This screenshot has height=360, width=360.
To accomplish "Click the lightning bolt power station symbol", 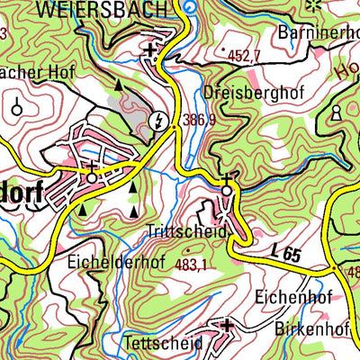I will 160,118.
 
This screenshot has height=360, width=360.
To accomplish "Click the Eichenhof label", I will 287,294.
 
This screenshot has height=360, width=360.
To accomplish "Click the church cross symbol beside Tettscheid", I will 227,323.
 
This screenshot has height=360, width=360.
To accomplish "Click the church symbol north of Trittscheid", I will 227,184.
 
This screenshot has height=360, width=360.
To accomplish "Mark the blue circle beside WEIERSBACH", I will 188,9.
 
